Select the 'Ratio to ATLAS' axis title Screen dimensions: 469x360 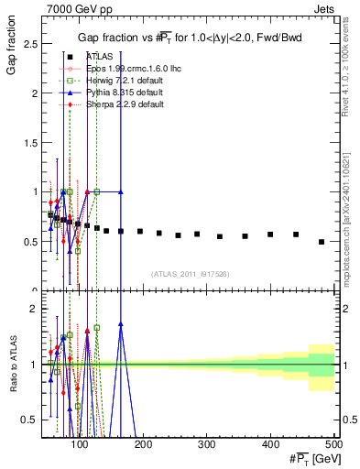(13, 365)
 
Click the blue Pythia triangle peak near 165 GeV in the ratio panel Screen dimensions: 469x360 (121, 324)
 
